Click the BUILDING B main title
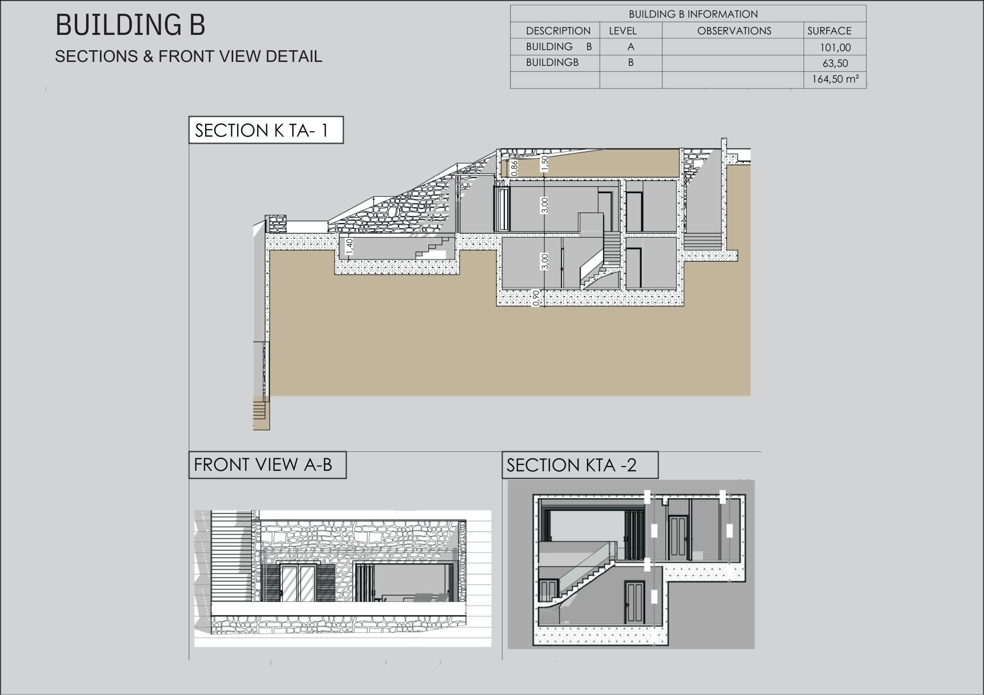click(130, 25)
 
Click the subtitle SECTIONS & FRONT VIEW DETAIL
click(188, 57)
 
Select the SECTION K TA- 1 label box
click(266, 130)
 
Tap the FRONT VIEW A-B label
click(268, 465)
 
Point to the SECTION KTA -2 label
click(580, 465)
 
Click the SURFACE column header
click(829, 31)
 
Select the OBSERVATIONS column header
click(734, 31)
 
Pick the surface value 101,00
click(835, 48)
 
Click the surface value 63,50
click(835, 63)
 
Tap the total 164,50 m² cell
click(835, 79)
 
